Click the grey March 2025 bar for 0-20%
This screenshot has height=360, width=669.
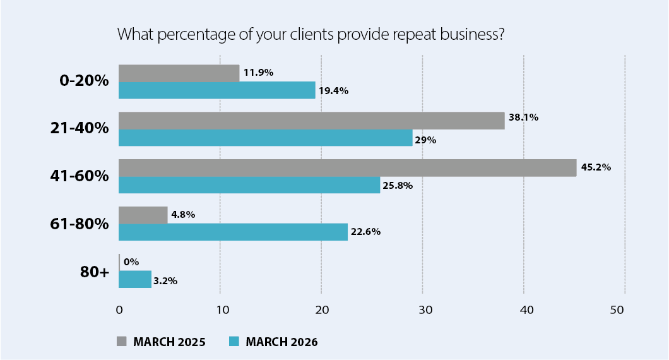179,73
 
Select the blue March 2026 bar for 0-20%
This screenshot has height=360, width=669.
216,90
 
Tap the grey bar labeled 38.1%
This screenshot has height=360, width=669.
311,120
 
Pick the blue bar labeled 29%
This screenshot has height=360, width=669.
265,138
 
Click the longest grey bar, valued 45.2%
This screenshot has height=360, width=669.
347,167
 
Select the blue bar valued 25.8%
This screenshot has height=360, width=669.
249,185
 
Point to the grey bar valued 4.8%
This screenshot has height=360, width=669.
143,215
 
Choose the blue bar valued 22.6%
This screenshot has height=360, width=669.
233,232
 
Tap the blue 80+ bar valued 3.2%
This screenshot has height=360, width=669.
135,279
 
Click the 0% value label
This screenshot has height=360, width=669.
131,261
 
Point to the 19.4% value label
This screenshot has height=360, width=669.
334,91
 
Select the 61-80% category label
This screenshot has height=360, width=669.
80,224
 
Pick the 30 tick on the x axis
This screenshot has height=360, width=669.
422,310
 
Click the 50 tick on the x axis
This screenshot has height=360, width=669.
625,310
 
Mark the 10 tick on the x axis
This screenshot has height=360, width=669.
220,310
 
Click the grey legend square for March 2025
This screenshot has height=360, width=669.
122,342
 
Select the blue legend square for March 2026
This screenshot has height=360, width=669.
234,342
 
